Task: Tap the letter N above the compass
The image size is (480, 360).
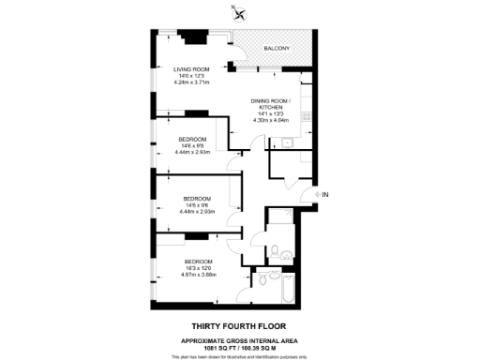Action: pos(234,6)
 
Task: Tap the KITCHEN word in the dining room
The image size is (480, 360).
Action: pos(271,107)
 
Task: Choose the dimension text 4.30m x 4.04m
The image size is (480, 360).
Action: pos(271,120)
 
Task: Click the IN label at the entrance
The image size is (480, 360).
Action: pos(325,194)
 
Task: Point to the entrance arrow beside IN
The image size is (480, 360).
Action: pos(315,194)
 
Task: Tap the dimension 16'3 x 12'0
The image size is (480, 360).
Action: pos(198,268)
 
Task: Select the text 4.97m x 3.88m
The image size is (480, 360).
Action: pos(198,275)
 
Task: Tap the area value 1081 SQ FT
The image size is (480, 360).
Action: pos(208,347)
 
